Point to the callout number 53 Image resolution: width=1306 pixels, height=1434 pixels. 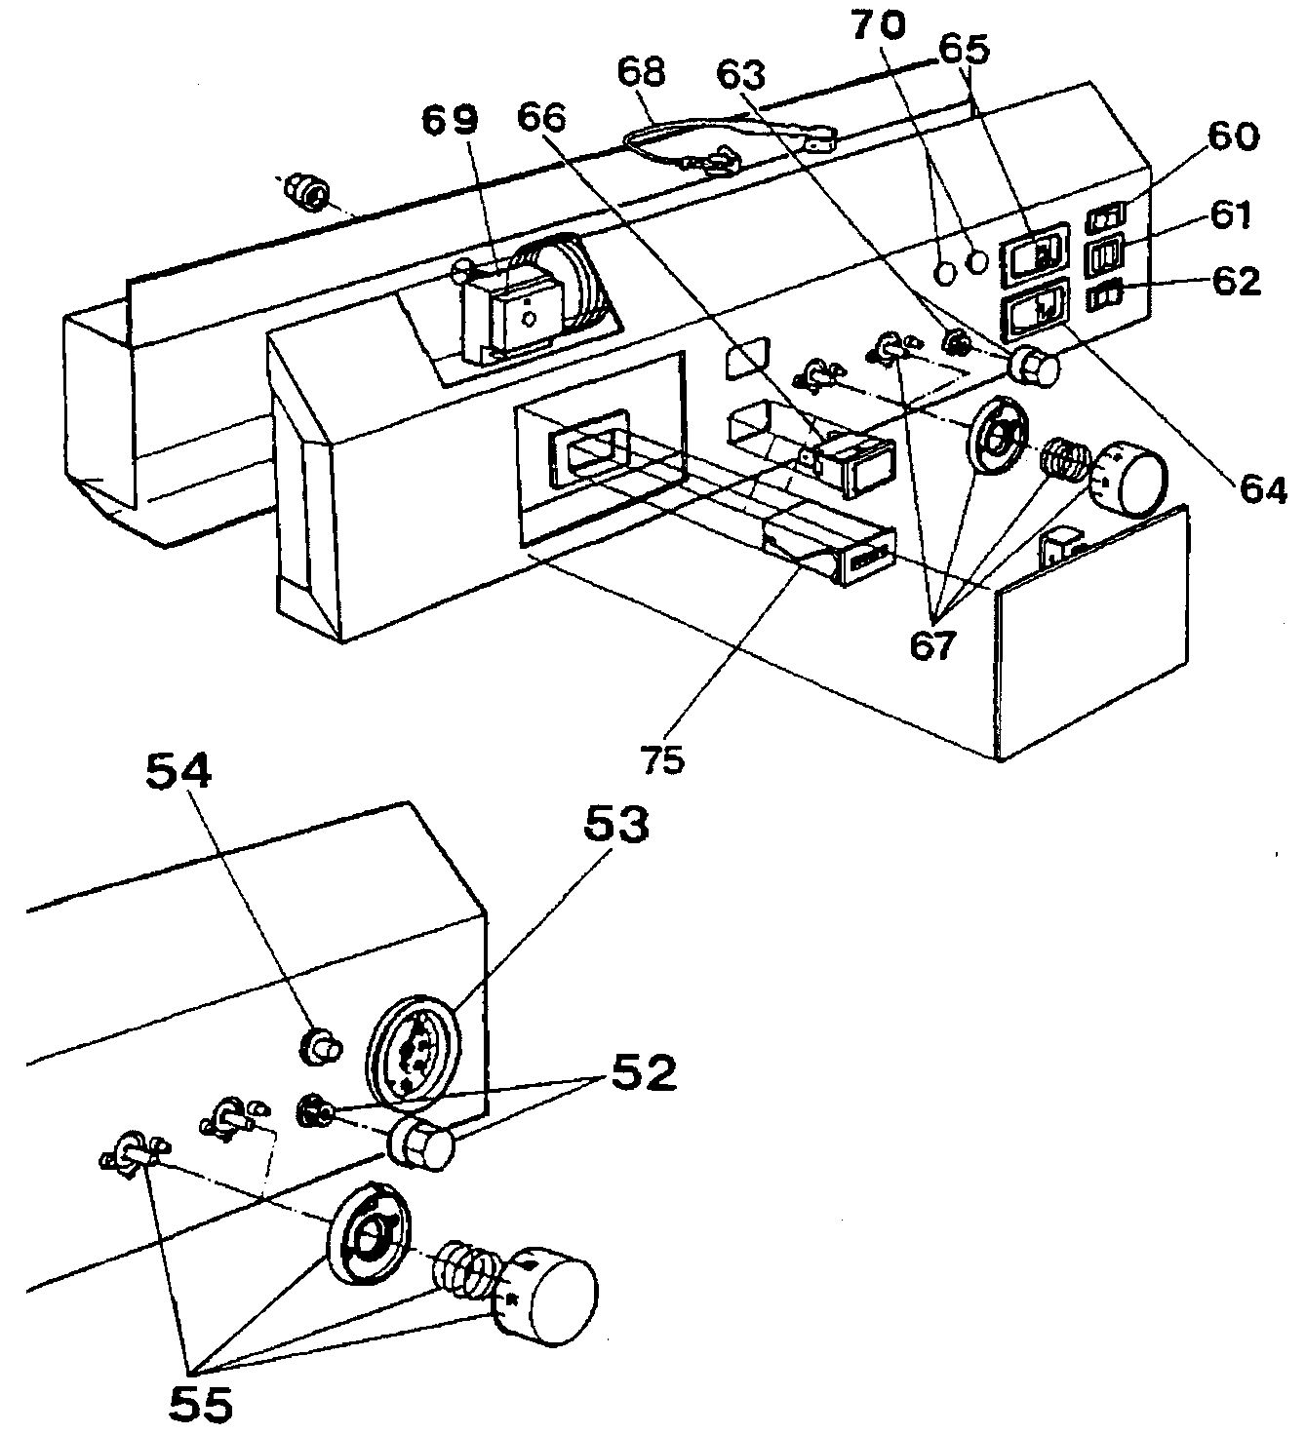pyautogui.click(x=616, y=826)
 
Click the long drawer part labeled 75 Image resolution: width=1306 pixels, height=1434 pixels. pyautogui.click(x=830, y=551)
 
